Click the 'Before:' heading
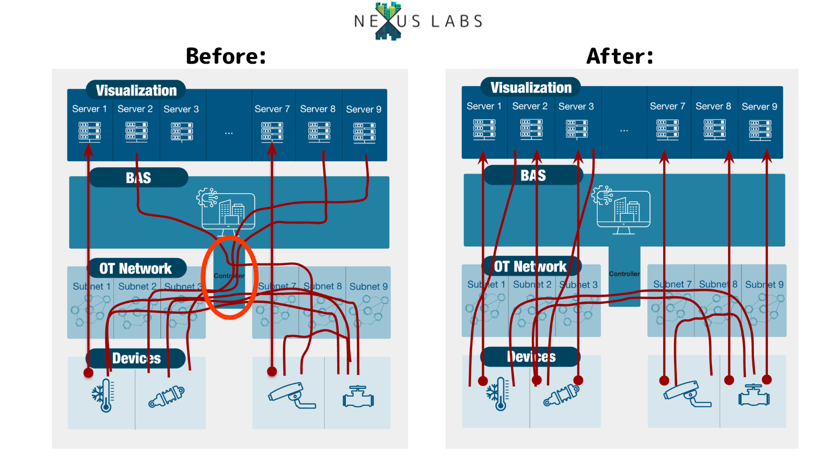226,56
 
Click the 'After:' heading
620,56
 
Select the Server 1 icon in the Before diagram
89,131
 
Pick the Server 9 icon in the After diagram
760,129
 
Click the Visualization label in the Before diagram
136,90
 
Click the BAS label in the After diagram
533,175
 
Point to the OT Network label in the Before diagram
135,268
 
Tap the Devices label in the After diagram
531,357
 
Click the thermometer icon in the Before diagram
103,395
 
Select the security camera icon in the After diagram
687,394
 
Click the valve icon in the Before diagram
358,397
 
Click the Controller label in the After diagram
624,274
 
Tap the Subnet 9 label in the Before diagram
368,287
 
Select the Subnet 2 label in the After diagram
532,285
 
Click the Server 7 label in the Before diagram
272,109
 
